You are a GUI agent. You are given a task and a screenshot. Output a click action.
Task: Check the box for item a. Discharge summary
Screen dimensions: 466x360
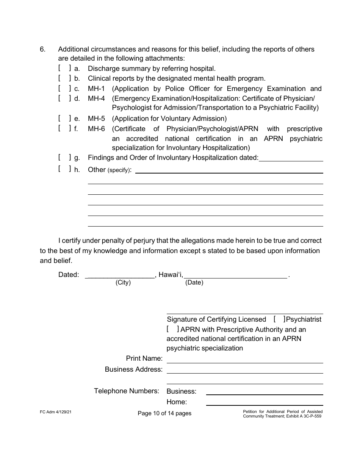pyautogui.click(x=64, y=69)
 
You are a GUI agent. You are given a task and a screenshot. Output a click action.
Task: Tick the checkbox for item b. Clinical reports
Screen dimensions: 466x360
pyautogui.click(x=64, y=78)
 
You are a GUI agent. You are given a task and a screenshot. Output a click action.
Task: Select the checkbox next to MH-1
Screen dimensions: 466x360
pyautogui.click(x=64, y=89)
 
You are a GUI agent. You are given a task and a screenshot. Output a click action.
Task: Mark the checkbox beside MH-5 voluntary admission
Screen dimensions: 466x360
pyautogui.click(x=64, y=119)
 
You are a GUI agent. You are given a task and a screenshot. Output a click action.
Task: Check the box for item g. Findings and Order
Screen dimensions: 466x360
pyautogui.click(x=64, y=158)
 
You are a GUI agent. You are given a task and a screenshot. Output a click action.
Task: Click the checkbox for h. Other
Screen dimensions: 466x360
pyautogui.click(x=64, y=169)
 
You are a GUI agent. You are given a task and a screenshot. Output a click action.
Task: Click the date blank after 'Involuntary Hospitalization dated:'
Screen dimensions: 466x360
pyautogui.click(x=291, y=158)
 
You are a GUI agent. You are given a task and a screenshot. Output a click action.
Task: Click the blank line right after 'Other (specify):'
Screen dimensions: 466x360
pyautogui.click(x=229, y=170)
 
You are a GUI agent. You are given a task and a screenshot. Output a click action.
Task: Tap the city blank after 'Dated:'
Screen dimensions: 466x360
pyautogui.click(x=121, y=275)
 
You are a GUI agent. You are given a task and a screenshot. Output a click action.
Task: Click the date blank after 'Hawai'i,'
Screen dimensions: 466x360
pyautogui.click(x=236, y=275)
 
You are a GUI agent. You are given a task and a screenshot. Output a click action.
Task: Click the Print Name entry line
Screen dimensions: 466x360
pyautogui.click(x=245, y=360)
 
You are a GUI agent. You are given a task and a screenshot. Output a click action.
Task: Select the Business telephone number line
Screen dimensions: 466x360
pyautogui.click(x=264, y=392)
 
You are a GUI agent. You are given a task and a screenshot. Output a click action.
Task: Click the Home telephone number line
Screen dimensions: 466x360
pyautogui.click(x=264, y=403)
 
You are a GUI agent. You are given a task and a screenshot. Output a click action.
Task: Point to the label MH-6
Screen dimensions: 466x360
pyautogui.click(x=96, y=129)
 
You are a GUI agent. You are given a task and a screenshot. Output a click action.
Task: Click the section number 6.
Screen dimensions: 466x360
pyautogui.click(x=43, y=49)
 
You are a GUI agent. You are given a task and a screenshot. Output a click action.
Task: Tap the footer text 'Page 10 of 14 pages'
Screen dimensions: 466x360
pyautogui.click(x=164, y=413)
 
